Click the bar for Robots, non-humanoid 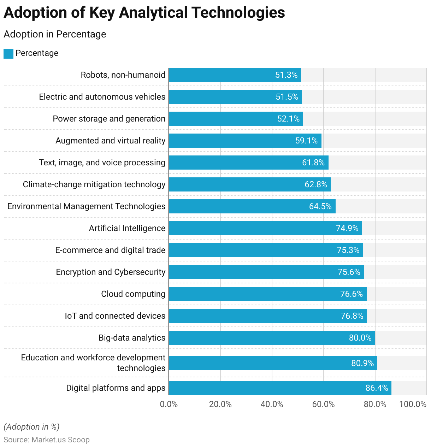click(235, 75)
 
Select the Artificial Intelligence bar click(265, 228)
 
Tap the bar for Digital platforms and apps click(280, 388)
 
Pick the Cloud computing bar click(268, 294)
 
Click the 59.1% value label click(306, 141)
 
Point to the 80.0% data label click(360, 338)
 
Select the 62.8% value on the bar click(316, 184)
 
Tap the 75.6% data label click(349, 272)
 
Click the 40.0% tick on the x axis click(272, 404)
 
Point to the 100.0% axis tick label click(413, 404)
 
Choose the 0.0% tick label click(169, 404)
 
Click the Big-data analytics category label click(132, 338)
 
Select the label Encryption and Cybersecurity click(111, 272)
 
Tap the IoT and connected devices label click(115, 316)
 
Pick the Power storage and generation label click(109, 119)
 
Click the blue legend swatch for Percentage click(8, 54)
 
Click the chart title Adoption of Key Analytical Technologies click(144, 13)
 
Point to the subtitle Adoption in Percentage click(55, 34)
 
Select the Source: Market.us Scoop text click(47, 440)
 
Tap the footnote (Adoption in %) click(31, 427)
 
